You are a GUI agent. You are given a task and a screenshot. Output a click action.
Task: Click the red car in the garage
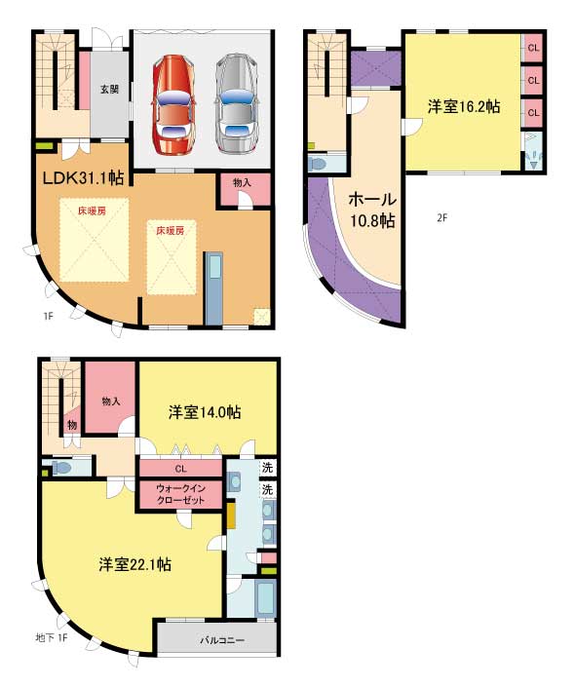pos(173,104)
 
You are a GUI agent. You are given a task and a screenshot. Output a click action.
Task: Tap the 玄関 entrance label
pos(109,90)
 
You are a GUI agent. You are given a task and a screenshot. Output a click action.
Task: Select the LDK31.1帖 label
pos(83,177)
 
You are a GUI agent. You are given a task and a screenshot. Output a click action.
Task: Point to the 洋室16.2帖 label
pos(464,106)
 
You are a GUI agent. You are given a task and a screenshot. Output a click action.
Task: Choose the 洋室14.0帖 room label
pos(205,412)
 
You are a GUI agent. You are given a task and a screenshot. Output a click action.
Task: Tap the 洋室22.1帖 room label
pos(135,564)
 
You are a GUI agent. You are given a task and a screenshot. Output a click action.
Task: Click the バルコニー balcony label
pos(222,640)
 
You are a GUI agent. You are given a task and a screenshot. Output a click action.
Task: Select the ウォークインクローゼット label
pos(180,494)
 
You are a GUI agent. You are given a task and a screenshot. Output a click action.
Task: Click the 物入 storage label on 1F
pos(242,183)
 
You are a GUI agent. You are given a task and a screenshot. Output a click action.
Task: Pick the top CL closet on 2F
pos(533,48)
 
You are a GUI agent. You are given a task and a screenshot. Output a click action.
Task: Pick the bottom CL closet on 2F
pos(533,113)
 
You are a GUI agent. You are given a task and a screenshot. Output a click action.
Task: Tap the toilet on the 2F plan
pos(318,165)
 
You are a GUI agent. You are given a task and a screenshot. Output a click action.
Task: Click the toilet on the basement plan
pos(61,467)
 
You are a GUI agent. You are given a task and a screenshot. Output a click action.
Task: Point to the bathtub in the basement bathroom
pos(265,597)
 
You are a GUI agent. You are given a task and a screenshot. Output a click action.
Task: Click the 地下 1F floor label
pos(52,637)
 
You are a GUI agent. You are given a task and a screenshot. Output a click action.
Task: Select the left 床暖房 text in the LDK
pos(92,211)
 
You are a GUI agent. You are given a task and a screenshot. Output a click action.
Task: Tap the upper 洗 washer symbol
pos(267,467)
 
